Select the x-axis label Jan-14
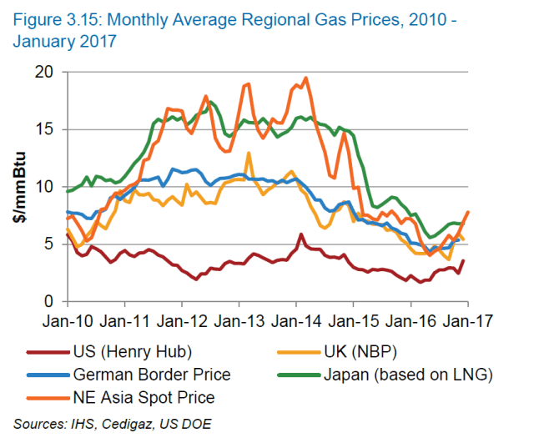pos(296,320)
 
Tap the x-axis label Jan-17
pos(468,320)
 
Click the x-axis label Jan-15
pos(353,320)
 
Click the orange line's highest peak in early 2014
pos(305,78)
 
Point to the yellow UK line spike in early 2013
pos(249,154)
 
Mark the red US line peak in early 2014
pos(300,234)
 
